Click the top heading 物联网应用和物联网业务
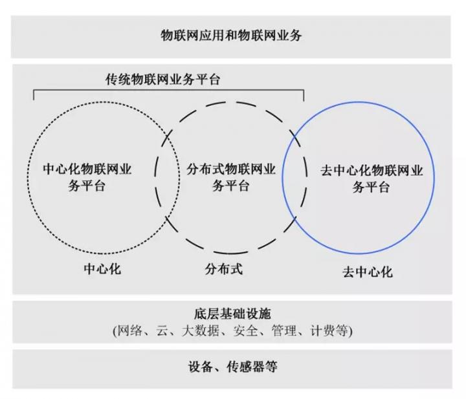pyautogui.click(x=231, y=36)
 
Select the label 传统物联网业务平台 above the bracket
pyautogui.click(x=162, y=80)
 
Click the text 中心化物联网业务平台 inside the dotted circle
pyautogui.click(x=87, y=177)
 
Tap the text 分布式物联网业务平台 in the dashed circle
pyautogui.click(x=231, y=177)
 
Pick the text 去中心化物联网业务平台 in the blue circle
pyautogui.click(x=372, y=178)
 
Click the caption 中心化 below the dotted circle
pyautogui.click(x=102, y=269)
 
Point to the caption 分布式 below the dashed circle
pyautogui.click(x=223, y=269)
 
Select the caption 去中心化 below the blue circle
pyautogui.click(x=368, y=272)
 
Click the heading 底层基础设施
pyautogui.click(x=232, y=314)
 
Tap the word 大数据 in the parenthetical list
pyautogui.click(x=200, y=330)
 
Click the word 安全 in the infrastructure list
pyautogui.click(x=245, y=330)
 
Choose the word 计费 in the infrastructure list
pyautogui.click(x=323, y=330)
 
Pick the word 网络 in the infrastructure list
pyautogui.click(x=130, y=330)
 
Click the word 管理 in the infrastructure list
pyautogui.click(x=284, y=330)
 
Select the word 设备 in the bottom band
pyautogui.click(x=200, y=367)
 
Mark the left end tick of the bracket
pyautogui.click(x=34, y=95)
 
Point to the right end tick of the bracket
pyautogui.click(x=304, y=95)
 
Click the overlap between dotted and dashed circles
pyautogui.click(x=168, y=177)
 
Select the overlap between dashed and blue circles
pyautogui.click(x=294, y=177)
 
